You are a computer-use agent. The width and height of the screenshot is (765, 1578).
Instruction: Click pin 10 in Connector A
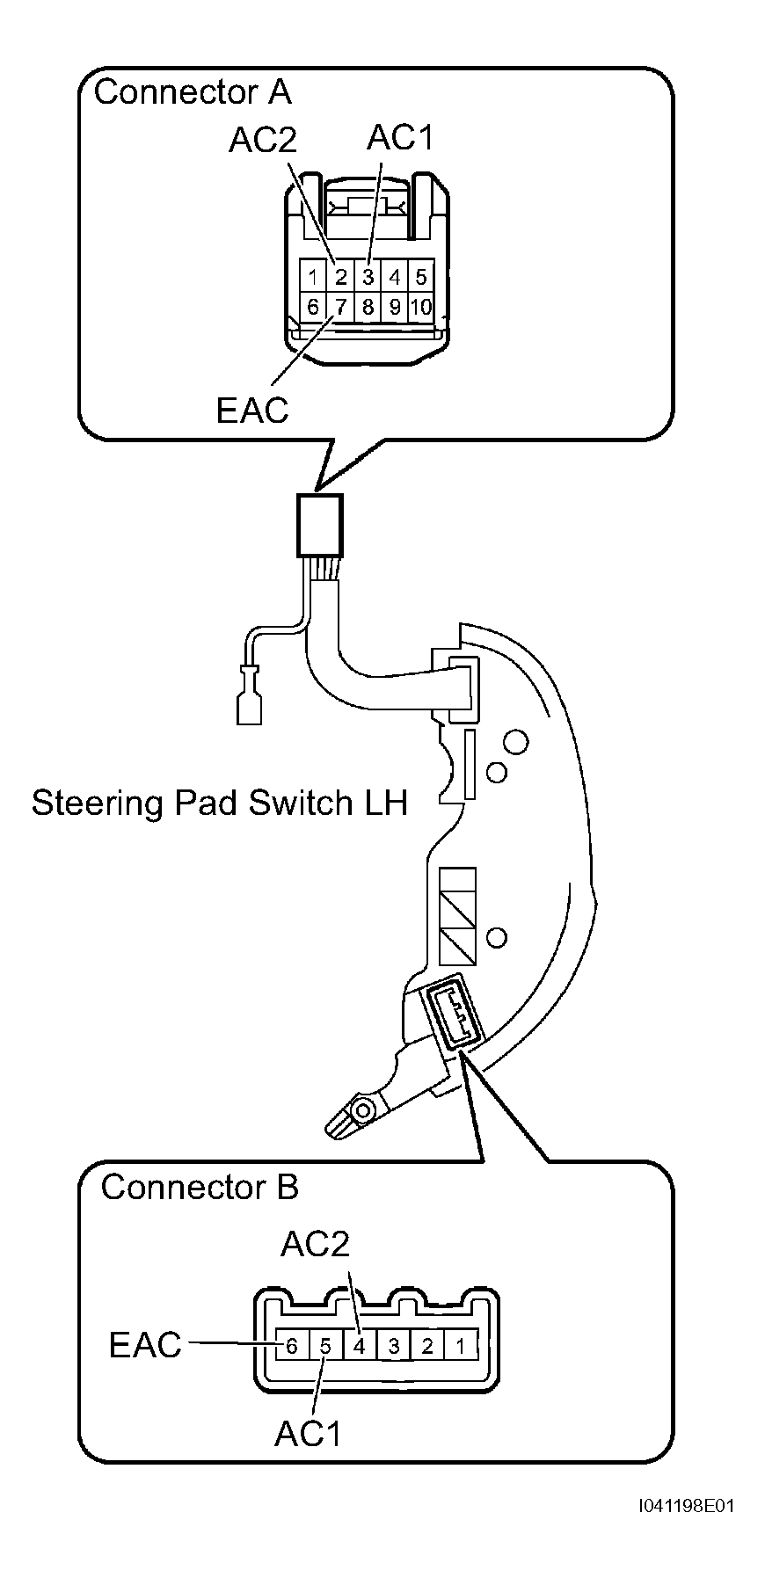click(421, 306)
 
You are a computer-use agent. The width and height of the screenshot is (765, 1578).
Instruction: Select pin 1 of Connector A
click(313, 278)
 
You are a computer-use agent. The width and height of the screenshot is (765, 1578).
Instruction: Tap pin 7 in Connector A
click(340, 306)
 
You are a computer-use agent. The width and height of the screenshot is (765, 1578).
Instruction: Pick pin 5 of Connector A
click(421, 278)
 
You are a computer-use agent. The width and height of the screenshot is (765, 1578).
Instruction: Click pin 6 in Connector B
click(292, 1345)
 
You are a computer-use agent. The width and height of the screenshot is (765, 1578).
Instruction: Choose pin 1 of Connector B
click(461, 1345)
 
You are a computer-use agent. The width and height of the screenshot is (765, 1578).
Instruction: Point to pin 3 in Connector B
click(394, 1345)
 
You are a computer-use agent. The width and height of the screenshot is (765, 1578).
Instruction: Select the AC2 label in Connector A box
click(263, 141)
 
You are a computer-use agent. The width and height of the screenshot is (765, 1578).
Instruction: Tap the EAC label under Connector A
click(252, 410)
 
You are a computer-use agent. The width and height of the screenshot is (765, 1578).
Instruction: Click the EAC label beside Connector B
click(145, 1345)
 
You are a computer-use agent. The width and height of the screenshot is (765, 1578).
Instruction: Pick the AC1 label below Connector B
click(308, 1434)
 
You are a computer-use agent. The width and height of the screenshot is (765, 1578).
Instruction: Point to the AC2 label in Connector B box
click(315, 1243)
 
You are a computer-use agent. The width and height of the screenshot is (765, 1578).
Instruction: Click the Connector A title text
click(193, 92)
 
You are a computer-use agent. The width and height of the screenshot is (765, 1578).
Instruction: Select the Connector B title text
click(200, 1187)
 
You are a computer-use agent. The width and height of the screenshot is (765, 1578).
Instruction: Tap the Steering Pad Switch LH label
click(220, 803)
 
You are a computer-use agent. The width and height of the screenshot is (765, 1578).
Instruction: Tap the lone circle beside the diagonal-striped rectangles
click(496, 936)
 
